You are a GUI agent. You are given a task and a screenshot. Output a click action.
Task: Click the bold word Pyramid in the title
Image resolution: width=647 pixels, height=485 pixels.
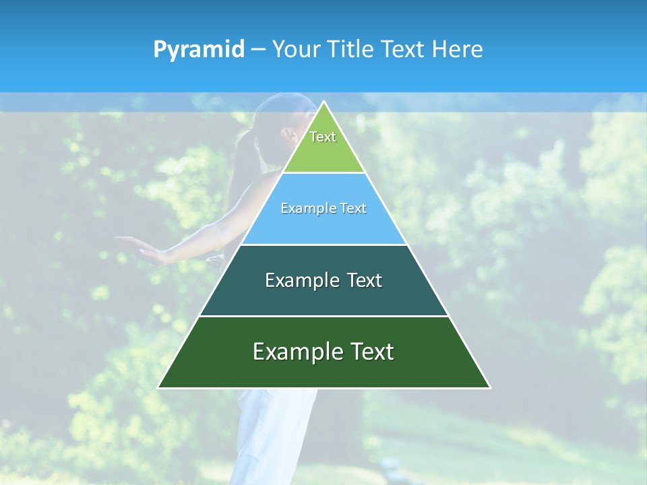pos(199,50)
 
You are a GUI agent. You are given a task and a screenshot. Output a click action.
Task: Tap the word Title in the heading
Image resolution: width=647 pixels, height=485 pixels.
pos(350,50)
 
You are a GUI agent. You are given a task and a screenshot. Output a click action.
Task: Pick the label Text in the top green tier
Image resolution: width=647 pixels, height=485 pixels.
pos(323,137)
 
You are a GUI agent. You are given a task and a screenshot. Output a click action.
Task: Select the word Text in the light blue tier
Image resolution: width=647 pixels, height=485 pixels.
pos(353,209)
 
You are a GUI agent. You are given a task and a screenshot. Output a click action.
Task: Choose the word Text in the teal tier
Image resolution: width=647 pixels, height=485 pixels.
pos(365,280)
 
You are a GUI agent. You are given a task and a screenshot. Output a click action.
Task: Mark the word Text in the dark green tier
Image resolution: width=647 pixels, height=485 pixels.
pos(371,352)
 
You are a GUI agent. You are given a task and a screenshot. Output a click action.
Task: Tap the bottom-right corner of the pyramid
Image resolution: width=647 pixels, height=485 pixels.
pos(489,387)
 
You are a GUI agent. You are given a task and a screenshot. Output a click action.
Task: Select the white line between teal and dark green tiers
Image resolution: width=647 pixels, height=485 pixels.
pos(323,316)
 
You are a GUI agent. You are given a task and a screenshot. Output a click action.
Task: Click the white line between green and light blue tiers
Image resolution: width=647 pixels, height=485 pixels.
pos(323,173)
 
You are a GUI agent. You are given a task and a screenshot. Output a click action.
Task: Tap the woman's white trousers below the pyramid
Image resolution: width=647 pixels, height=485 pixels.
pos(270,431)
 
